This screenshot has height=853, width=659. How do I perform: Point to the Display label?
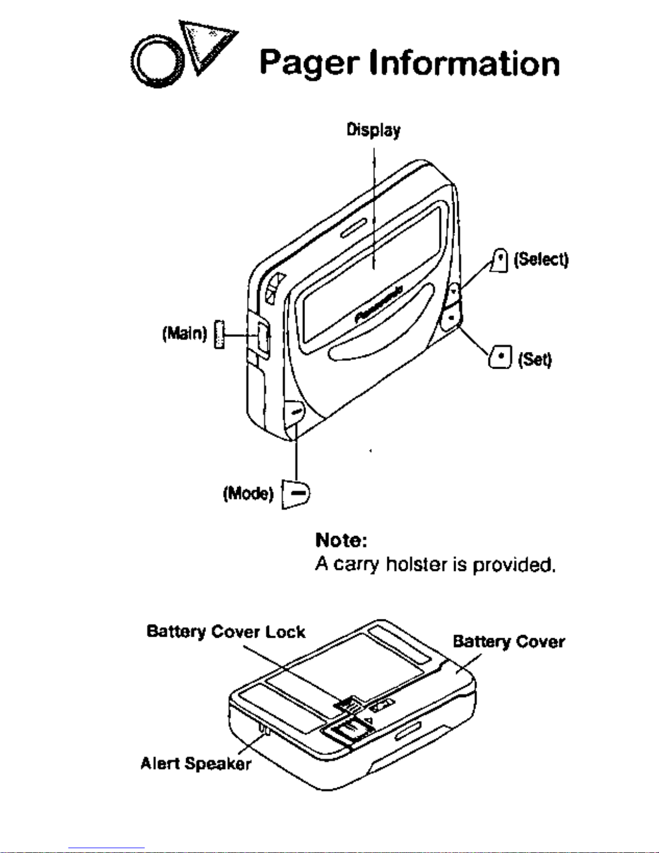pyautogui.click(x=373, y=130)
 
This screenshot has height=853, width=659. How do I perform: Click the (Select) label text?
pyautogui.click(x=541, y=260)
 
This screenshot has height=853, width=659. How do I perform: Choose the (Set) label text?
pyautogui.click(x=535, y=359)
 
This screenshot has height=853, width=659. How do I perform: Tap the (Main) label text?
pyautogui.click(x=184, y=334)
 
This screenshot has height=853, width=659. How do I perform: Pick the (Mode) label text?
pyautogui.click(x=248, y=493)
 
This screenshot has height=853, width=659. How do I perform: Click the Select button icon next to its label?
pyautogui.click(x=501, y=260)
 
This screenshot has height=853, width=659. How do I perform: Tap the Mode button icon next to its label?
pyautogui.click(x=296, y=493)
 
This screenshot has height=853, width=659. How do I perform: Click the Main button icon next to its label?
pyautogui.click(x=218, y=334)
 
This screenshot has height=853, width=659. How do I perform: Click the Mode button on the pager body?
pyautogui.click(x=294, y=412)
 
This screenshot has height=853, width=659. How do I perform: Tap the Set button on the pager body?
pyautogui.click(x=451, y=319)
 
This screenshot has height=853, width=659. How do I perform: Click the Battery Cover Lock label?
pyautogui.click(x=226, y=631)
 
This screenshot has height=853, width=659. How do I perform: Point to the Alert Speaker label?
pyautogui.click(x=195, y=763)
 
